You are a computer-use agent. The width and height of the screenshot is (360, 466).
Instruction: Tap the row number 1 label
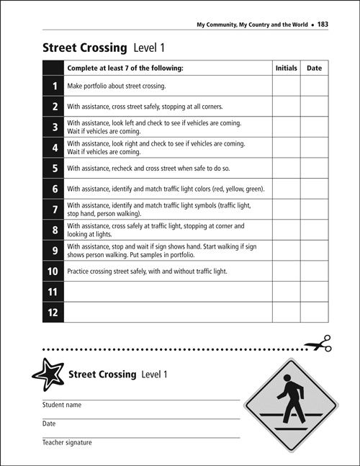54,86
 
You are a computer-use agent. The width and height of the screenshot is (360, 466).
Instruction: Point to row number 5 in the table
54,168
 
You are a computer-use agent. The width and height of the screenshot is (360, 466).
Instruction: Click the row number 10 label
53,272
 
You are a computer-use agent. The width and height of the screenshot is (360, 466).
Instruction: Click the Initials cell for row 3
286,127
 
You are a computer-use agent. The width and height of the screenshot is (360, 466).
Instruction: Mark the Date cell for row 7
314,209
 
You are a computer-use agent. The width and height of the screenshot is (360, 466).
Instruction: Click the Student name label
62,405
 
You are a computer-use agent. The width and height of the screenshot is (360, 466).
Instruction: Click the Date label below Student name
49,424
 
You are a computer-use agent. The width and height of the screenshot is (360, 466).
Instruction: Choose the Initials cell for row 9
286,250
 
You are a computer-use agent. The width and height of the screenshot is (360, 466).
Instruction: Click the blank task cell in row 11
168,292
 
